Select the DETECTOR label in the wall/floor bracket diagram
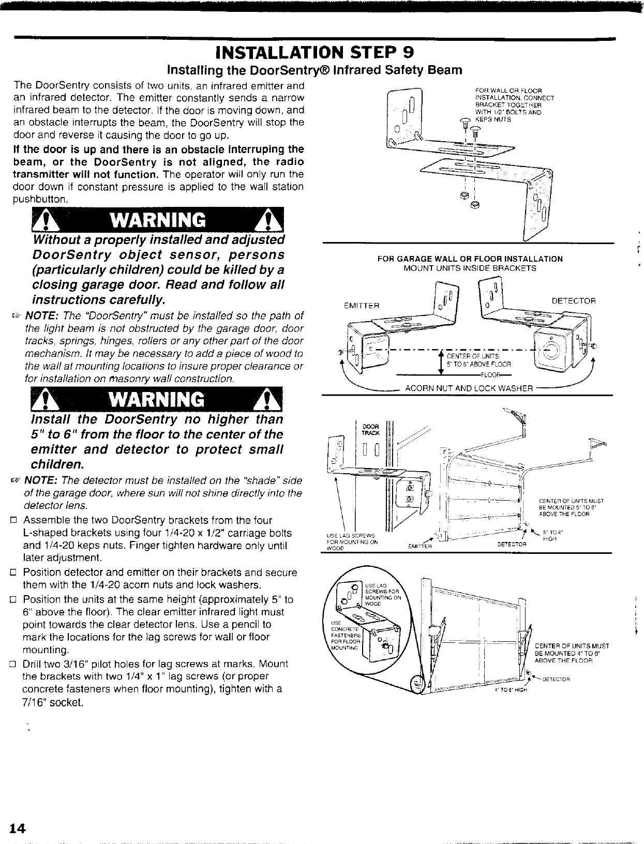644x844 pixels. pyautogui.click(x=574, y=300)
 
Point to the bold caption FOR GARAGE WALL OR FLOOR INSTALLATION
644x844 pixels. pyautogui.click(x=470, y=259)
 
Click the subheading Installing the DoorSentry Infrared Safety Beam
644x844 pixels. pyautogui.click(x=314, y=70)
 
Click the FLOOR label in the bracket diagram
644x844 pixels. pyautogui.click(x=489, y=375)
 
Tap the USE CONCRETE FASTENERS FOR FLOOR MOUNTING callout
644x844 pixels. pyautogui.click(x=350, y=630)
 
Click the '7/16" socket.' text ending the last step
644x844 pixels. pyautogui.click(x=53, y=703)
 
